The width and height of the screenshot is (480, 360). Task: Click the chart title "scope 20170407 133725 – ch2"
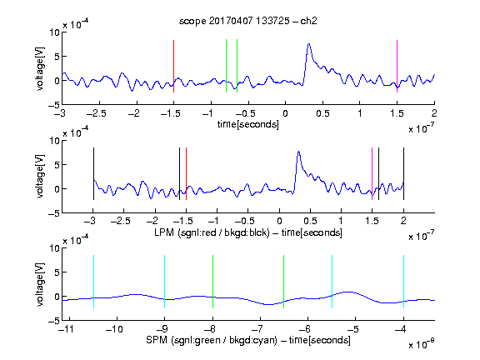248,21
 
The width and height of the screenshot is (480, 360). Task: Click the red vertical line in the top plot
173,66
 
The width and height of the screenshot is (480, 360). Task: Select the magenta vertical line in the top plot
397,66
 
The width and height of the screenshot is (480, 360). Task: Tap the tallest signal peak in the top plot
309,44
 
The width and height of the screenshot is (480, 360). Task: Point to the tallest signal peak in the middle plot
298,152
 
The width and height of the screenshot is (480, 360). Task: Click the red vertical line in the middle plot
186,173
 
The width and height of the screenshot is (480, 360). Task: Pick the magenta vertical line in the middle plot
372,173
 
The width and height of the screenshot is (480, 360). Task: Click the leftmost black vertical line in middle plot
93,173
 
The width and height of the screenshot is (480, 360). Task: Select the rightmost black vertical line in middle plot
403,173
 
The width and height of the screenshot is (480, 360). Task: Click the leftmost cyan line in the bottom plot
93,282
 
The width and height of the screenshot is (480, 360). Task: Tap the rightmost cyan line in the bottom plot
403,282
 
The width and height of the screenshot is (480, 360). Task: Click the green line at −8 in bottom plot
212,282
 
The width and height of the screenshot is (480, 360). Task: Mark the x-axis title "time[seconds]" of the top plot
248,124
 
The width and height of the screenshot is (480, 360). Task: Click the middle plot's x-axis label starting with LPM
248,232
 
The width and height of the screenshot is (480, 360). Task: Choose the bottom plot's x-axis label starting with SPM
248,340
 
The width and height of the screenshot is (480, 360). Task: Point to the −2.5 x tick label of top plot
97,113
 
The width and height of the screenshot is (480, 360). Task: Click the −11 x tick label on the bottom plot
66,329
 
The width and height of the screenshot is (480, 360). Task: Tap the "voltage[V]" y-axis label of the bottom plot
40,284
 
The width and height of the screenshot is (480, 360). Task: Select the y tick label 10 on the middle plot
54,141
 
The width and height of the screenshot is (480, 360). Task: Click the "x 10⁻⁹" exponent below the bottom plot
422,343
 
